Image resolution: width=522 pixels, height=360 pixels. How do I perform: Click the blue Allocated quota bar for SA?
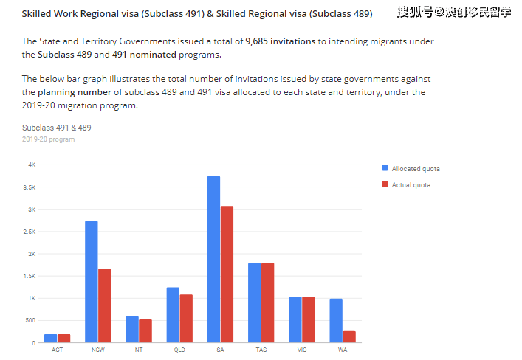tap(213, 259)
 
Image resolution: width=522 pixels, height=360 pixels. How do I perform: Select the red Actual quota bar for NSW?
tap(104, 305)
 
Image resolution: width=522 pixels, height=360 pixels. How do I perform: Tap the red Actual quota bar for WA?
tap(349, 336)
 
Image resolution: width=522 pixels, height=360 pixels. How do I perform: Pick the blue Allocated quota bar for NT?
tap(132, 329)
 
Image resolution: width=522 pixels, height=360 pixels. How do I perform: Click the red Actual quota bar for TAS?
tap(267, 302)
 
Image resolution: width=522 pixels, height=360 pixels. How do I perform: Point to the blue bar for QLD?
tap(173, 315)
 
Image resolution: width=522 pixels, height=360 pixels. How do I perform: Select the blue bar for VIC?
tap(295, 319)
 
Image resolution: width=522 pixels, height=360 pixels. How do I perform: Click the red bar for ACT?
tap(63, 338)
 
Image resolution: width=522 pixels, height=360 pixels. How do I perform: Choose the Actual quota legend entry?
tap(411, 185)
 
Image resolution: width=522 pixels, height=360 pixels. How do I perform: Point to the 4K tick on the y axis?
tap(32, 165)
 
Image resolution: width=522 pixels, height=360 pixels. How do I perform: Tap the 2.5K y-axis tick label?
tap(30, 232)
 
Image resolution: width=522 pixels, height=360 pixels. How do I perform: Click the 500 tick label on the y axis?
tap(30, 321)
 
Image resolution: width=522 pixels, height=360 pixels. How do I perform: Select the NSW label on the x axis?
tap(97, 350)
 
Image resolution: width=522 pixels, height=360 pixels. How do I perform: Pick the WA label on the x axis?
tap(343, 350)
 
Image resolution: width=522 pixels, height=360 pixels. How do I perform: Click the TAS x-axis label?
tap(261, 350)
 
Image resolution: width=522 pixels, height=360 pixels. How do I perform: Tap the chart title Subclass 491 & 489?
tap(56, 128)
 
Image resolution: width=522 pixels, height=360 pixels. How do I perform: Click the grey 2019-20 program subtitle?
tap(48, 139)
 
